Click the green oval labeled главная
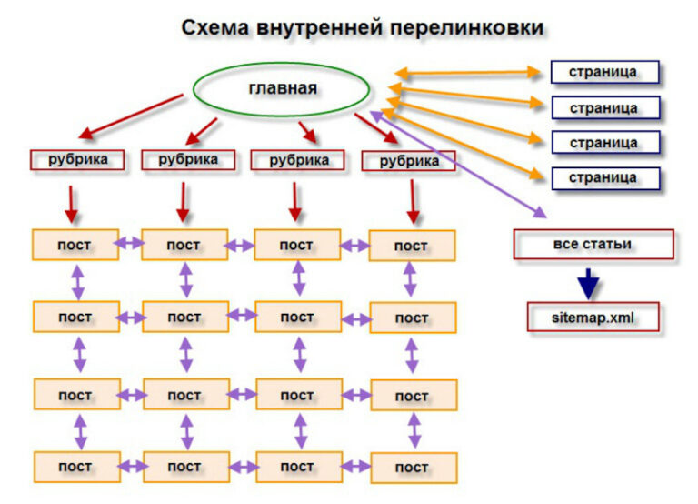[282, 89]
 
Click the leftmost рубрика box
[75, 159]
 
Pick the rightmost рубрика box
[409, 161]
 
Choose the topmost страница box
[603, 72]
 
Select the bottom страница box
[603, 177]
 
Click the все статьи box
[593, 244]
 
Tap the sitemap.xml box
[593, 317]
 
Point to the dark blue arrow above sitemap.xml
[590, 281]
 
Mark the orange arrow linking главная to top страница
[468, 71]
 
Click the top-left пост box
[75, 245]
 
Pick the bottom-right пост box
[412, 468]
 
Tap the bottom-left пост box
[75, 467]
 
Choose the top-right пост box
[412, 246]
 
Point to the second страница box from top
[603, 107]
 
